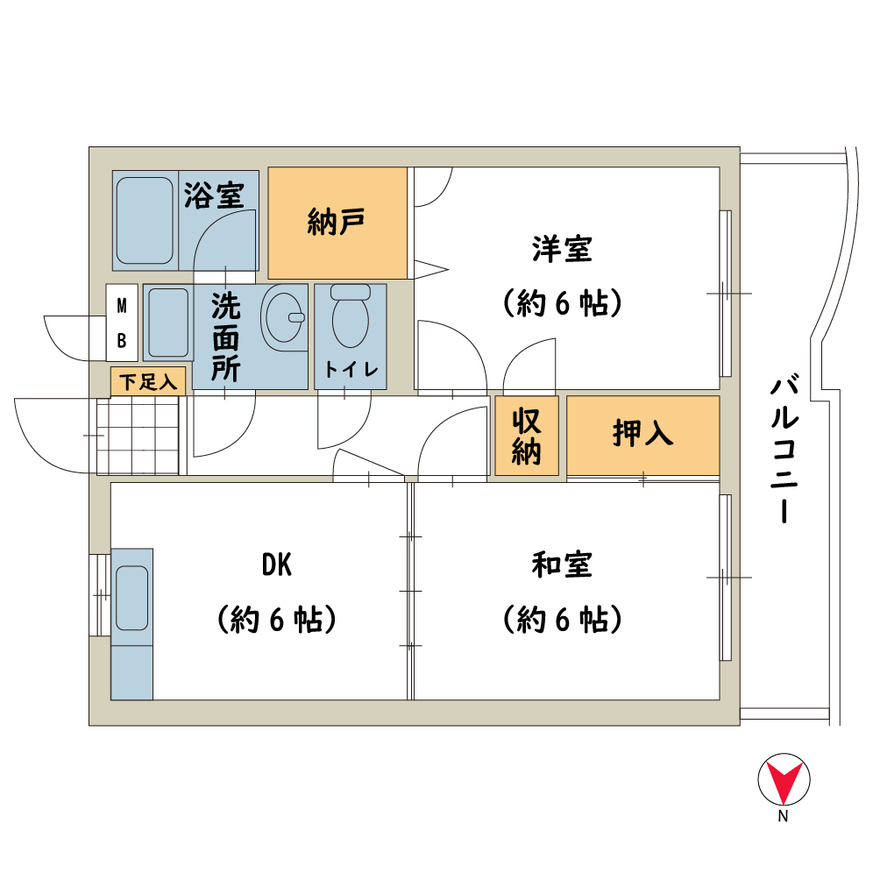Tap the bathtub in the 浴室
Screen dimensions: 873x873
click(145, 221)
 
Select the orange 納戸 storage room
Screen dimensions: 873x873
click(337, 223)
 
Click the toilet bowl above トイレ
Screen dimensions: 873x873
click(351, 316)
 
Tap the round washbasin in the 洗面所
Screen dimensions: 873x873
click(285, 318)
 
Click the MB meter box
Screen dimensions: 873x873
click(122, 323)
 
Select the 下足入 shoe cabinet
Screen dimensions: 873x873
click(148, 381)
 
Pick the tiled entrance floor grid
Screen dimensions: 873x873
click(138, 436)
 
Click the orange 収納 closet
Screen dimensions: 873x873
click(527, 436)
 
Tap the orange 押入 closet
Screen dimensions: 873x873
click(643, 436)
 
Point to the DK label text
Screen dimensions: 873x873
click(277, 564)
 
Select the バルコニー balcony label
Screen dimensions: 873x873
click(784, 451)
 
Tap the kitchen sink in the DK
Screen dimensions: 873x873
click(132, 598)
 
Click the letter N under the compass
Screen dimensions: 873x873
click(784, 816)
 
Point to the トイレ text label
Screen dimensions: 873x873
click(351, 369)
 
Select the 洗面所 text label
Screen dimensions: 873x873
click(225, 337)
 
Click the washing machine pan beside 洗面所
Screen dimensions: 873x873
click(168, 323)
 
